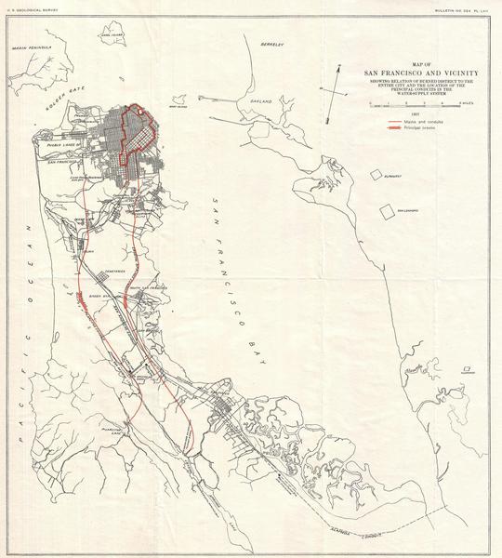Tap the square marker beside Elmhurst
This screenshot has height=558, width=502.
[376, 175]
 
